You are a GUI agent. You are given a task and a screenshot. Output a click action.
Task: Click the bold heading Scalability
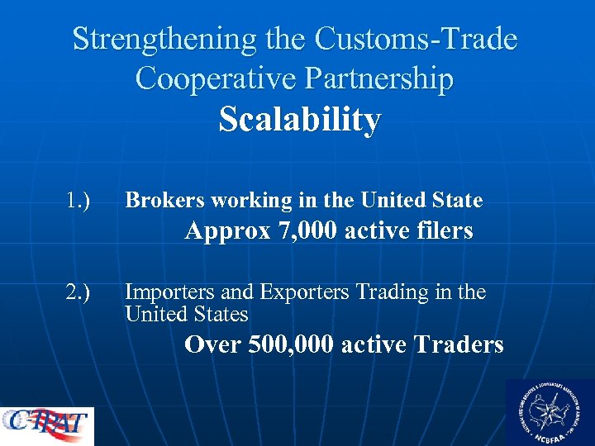coord(300,121)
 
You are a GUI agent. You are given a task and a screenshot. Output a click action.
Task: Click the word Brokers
coord(164,200)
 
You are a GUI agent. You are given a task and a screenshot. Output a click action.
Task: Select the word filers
coord(442,231)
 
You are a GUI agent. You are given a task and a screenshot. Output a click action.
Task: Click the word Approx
coord(228,232)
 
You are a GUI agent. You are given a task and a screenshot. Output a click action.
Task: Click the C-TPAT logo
coord(47,425)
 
